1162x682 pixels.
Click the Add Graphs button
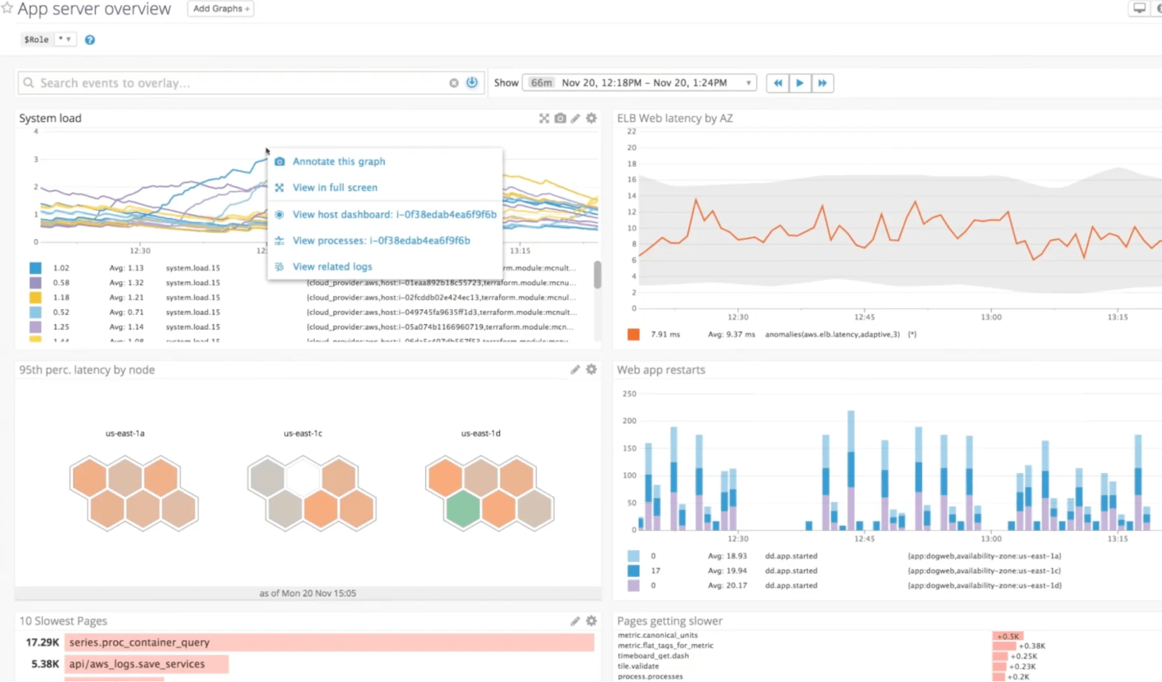pos(220,9)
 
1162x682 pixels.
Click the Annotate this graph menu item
pos(338,161)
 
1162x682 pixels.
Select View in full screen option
pos(334,187)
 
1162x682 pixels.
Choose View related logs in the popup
pos(332,267)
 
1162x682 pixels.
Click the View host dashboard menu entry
pos(394,214)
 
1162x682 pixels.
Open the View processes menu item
pos(381,240)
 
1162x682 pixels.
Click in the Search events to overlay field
pos(233,83)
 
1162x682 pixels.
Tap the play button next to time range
pos(799,83)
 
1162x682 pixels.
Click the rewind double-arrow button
pos(777,83)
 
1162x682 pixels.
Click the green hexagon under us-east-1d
pos(463,508)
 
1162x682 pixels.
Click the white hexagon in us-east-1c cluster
pos(303,477)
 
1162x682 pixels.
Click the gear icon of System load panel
pos(591,118)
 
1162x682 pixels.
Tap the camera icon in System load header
pos(560,118)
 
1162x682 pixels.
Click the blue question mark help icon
pos(90,40)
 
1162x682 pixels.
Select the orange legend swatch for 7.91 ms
pos(633,334)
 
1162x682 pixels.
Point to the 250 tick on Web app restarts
pos(629,393)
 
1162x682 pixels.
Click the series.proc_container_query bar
pos(328,642)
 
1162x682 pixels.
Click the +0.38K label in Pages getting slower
pos(1032,645)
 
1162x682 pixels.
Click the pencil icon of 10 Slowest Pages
pos(575,621)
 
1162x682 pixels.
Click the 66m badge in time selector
pos(541,83)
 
